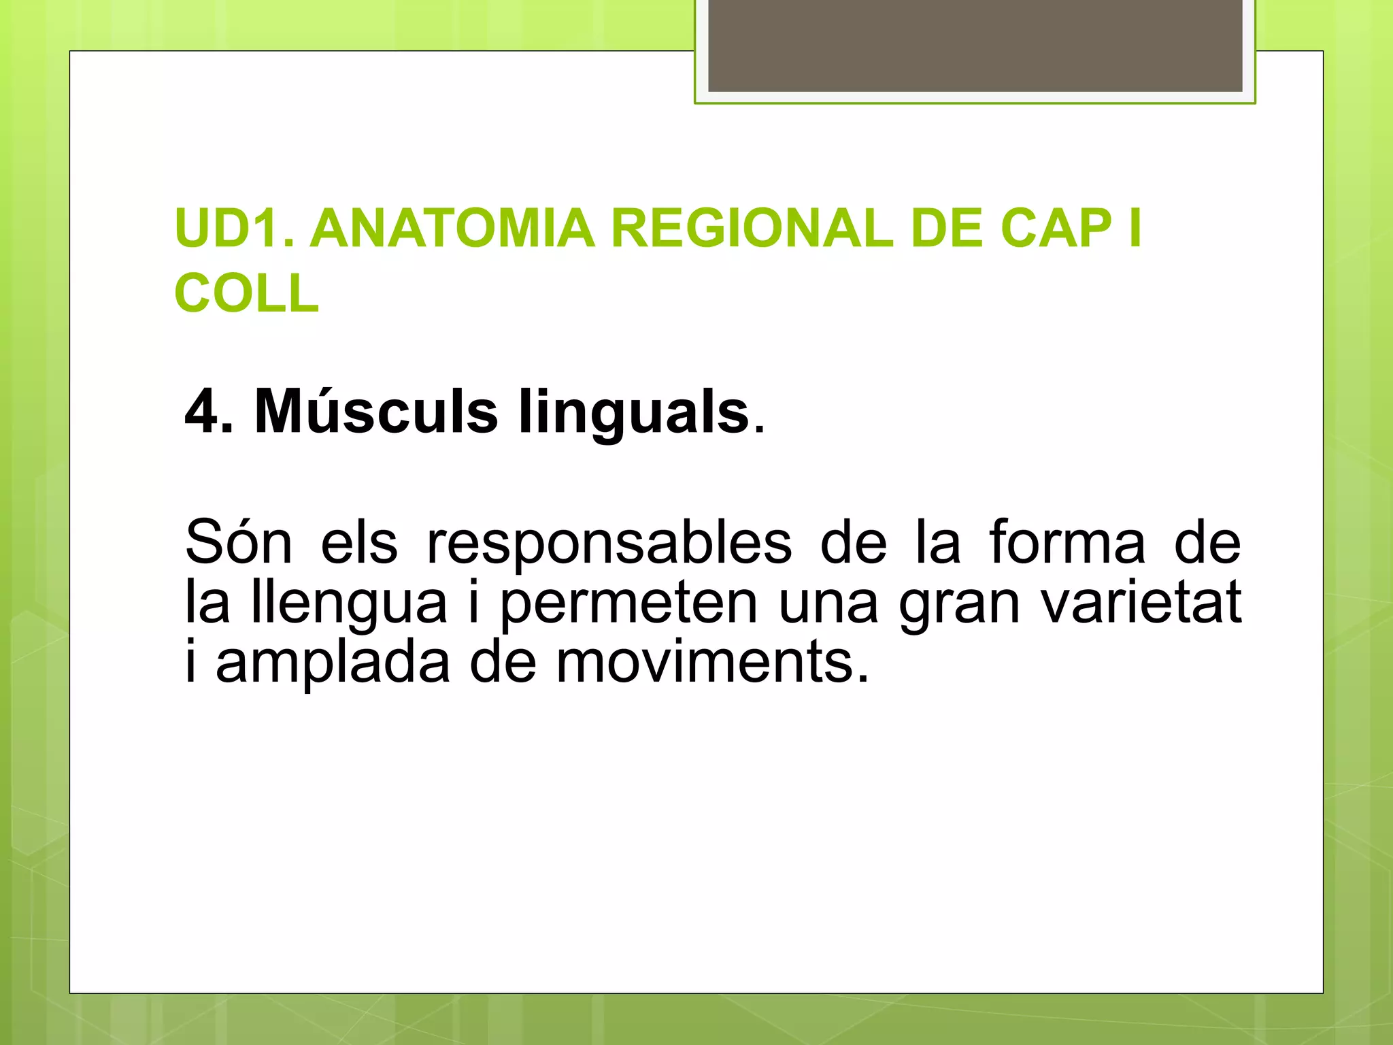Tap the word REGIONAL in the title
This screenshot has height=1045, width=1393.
point(752,229)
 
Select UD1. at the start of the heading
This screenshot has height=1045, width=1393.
point(235,229)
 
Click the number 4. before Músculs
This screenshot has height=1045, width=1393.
point(209,412)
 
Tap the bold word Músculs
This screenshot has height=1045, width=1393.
point(376,412)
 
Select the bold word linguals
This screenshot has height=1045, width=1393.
point(633,412)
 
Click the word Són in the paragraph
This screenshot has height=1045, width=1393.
point(238,542)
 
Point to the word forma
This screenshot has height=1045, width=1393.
point(1067,542)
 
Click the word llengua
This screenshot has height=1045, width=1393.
point(349,603)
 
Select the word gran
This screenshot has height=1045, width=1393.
point(959,603)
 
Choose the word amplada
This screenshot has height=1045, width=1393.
point(333,663)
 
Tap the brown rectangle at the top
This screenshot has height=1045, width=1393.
point(975,45)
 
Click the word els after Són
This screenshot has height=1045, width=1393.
point(358,542)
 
